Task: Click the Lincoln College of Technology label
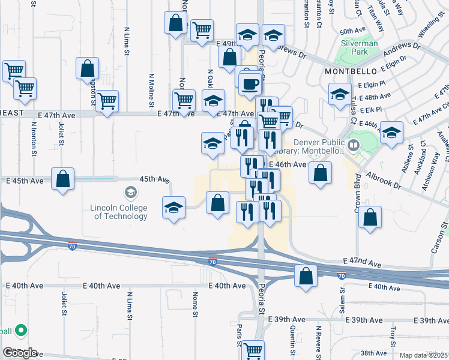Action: tap(118, 212)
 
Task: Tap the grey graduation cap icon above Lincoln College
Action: tap(130, 193)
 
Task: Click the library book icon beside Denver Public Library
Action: tap(354, 144)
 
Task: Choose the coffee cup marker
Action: tap(250, 84)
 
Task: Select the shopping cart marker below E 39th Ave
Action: tap(253, 350)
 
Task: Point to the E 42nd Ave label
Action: tap(362, 263)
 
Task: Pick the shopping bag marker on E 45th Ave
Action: tap(63, 179)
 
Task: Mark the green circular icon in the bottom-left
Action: tap(20, 330)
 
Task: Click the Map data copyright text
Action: tap(424, 355)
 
